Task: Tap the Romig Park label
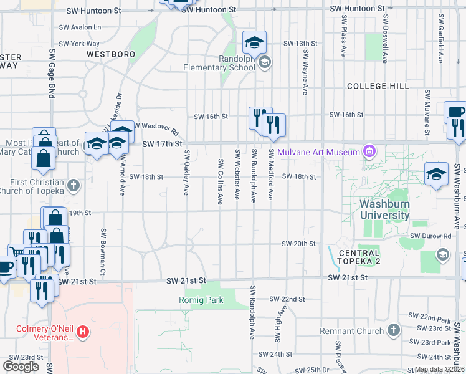point(207,300)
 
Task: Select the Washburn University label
point(384,209)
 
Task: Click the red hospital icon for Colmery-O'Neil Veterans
point(83,333)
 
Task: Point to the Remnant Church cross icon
point(392,329)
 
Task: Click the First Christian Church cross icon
point(74,185)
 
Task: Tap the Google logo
point(21,367)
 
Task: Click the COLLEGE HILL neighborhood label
point(378,85)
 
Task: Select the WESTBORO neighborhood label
point(111,54)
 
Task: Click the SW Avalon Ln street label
point(80,27)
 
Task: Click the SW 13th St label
point(296,43)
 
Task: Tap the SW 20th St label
point(298,243)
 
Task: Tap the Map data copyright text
point(439,369)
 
